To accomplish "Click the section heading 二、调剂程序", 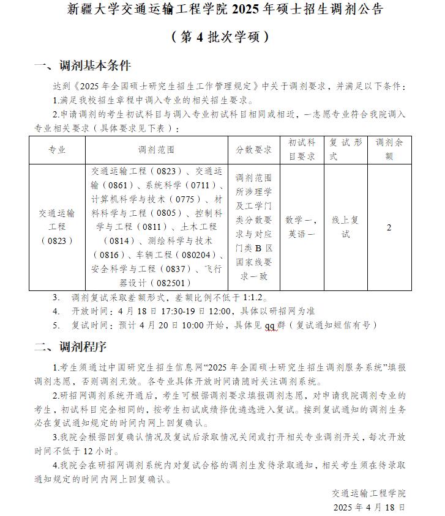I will tap(70, 347).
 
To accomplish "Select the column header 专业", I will tap(57, 150).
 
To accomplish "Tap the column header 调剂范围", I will tap(157, 150).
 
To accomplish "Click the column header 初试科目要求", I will tap(302, 150).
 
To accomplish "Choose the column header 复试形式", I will tap(346, 150).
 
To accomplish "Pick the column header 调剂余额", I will tap(389, 150).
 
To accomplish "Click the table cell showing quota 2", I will tap(389, 228).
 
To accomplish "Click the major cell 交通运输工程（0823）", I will tap(57, 227).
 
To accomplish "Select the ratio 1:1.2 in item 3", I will tap(252, 298).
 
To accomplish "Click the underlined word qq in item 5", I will tap(270, 325).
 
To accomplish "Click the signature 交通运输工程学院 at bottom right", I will tap(369, 493).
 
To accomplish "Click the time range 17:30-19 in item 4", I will tap(166, 311).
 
